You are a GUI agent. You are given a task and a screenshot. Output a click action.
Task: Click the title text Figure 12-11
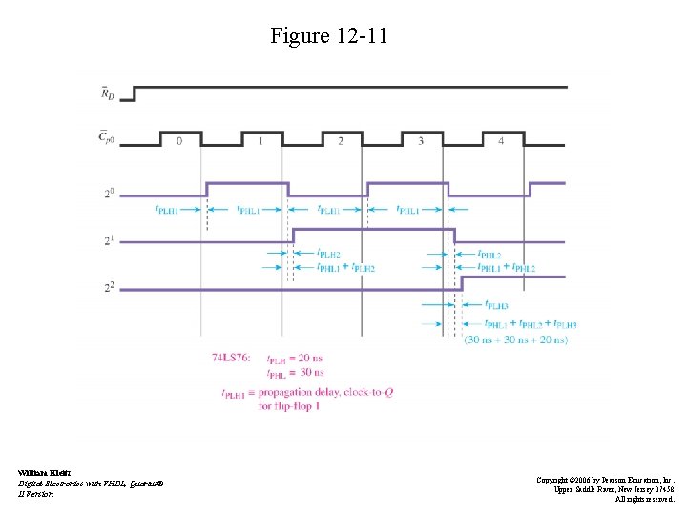329,37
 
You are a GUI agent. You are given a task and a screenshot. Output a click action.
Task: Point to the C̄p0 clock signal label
109,140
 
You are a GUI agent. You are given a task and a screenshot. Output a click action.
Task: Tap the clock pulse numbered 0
179,140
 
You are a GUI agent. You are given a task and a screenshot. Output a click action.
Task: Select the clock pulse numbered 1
260,140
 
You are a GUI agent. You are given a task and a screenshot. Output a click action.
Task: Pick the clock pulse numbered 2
341,140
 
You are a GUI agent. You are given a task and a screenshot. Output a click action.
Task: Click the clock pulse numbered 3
421,140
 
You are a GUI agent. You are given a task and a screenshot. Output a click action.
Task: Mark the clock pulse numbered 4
501,140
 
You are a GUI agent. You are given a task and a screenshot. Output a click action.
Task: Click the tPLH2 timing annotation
329,255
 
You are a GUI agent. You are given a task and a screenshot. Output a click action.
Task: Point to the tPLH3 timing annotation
496,305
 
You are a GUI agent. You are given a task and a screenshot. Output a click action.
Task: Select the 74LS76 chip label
232,358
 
